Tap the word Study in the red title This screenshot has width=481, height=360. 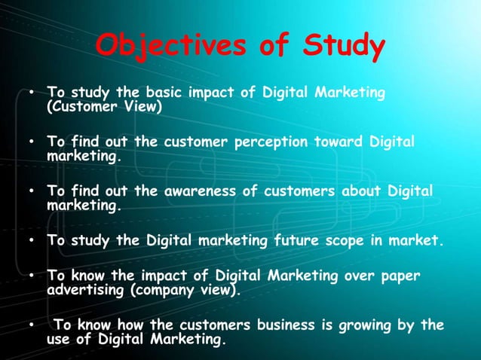coord(342,47)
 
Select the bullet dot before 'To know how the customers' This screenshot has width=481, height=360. coord(32,326)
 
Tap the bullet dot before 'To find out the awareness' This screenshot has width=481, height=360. coord(32,192)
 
